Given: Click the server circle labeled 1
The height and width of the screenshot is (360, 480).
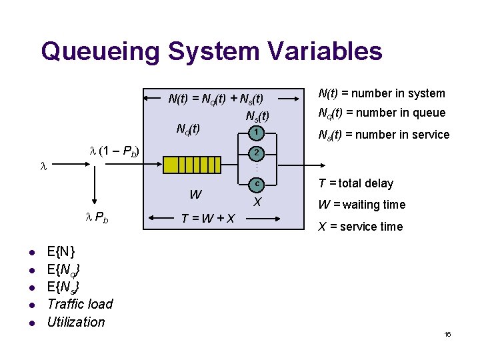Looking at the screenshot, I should click(x=257, y=134).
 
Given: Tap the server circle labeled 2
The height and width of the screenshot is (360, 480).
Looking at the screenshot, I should click(x=257, y=153).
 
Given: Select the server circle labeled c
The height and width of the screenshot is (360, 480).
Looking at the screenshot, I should click(x=257, y=183).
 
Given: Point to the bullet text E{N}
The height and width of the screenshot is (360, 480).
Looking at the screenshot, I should click(x=61, y=252).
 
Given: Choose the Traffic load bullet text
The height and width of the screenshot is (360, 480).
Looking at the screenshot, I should click(x=80, y=304).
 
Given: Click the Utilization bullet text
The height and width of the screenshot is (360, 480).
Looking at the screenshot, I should click(x=76, y=322).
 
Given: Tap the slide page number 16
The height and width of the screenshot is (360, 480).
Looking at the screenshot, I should click(x=447, y=334).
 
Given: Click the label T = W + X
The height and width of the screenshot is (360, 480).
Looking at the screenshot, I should click(x=207, y=217).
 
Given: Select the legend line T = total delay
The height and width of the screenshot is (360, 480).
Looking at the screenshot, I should click(x=356, y=183).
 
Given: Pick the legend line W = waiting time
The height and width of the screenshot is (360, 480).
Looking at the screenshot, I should click(x=361, y=205).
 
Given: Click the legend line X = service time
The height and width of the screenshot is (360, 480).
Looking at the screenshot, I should click(x=360, y=227).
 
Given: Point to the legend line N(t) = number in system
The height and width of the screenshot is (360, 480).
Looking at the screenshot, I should click(x=381, y=93).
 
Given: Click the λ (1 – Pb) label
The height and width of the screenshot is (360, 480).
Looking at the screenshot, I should click(x=114, y=151).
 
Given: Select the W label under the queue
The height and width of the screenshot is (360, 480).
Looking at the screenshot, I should click(x=195, y=195).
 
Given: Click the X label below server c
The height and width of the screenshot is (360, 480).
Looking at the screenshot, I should click(x=257, y=201).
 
